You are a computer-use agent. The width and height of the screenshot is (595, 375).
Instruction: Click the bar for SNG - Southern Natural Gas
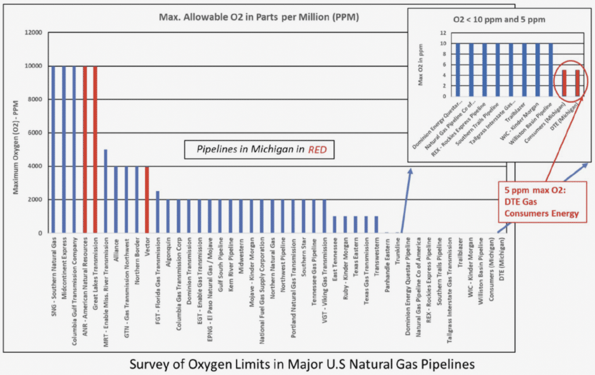[53, 149]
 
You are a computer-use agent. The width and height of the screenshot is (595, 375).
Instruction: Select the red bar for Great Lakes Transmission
[95, 149]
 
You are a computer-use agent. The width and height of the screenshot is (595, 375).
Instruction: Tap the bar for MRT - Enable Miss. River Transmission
[106, 191]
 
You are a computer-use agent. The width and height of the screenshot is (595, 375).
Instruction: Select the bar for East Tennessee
[335, 224]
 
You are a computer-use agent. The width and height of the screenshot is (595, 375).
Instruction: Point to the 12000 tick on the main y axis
[34, 32]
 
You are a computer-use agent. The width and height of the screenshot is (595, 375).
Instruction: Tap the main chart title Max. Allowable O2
[259, 17]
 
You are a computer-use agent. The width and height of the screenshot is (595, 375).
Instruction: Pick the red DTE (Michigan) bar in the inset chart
[578, 83]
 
